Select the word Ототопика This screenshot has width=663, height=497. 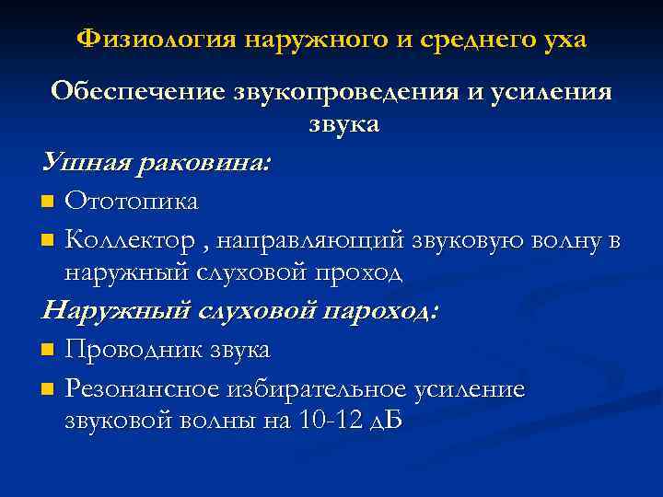132,201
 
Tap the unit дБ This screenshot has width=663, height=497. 386,421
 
